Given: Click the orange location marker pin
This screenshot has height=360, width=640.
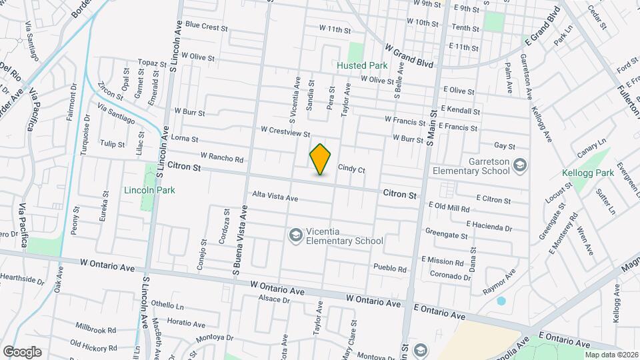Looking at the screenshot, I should point(321,159).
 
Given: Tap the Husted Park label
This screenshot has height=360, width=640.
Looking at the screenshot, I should point(362,66).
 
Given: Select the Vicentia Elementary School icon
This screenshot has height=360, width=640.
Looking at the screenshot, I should point(295,235).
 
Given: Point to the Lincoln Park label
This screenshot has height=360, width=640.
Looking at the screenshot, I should point(149,190).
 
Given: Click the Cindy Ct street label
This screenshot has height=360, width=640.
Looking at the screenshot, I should point(351,169).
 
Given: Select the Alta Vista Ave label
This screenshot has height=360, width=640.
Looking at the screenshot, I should point(275,197).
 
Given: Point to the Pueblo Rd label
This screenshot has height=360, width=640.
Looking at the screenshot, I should point(390,269).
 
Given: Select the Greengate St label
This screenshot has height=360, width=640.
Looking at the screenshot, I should point(446,234).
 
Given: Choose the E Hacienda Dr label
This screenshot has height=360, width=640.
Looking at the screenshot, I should point(489,227).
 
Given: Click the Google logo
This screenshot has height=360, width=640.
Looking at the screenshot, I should point(21,351).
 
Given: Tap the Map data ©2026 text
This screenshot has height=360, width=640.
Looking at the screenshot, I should point(611,355).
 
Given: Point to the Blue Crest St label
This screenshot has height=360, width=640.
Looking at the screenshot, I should point(207,27).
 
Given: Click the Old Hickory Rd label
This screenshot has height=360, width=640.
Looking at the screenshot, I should point(93,345).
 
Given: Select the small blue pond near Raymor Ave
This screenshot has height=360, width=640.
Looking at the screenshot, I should point(501,301).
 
